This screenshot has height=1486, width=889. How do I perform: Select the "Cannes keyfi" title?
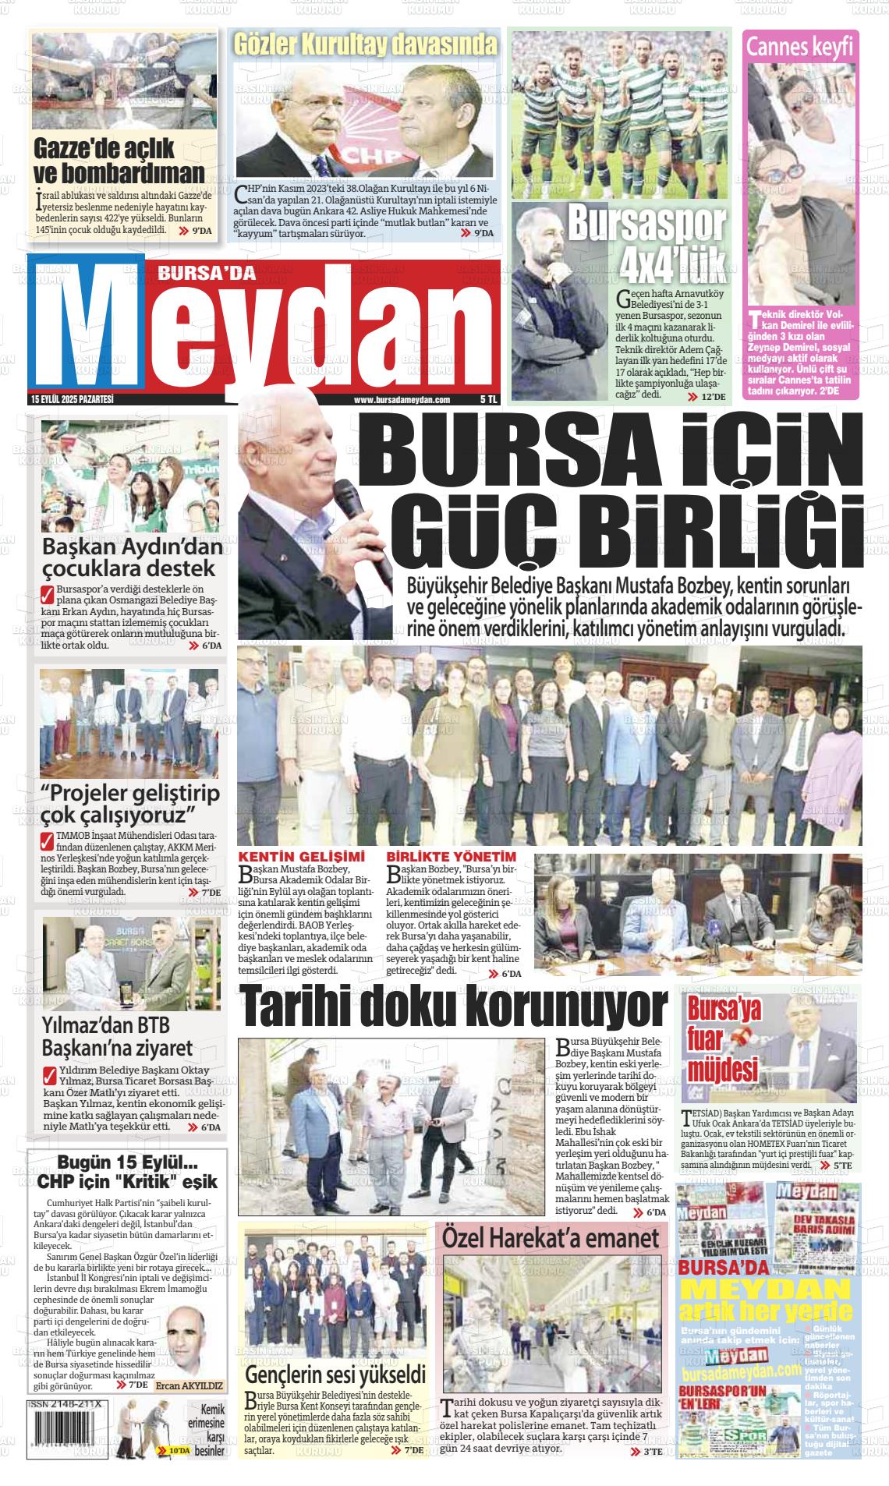pos(799,47)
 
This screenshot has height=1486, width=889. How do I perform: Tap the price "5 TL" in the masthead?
pos(489,400)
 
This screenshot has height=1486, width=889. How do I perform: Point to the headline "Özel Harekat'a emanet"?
pos(551,1237)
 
